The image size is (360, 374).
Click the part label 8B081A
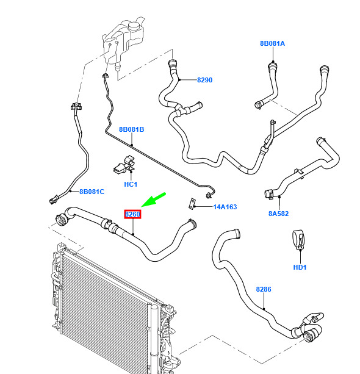click(272, 43)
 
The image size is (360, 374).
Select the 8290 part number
click(204, 80)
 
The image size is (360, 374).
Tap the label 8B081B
click(131, 129)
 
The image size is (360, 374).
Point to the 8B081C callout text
click(92, 192)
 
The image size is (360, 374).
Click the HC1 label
click(131, 184)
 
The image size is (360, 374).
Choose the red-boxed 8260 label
click(132, 214)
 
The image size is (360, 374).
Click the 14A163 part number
click(225, 207)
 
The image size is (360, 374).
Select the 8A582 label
click(278, 214)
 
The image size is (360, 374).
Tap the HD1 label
click(300, 267)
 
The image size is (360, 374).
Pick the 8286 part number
click(264, 289)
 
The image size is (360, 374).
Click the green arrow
click(154, 200)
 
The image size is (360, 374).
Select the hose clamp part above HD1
click(298, 239)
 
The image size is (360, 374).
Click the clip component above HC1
click(124, 164)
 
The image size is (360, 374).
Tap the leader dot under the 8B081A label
click(273, 61)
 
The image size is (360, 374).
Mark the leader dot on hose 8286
click(264, 309)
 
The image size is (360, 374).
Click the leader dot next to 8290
click(179, 80)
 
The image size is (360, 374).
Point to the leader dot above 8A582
click(279, 197)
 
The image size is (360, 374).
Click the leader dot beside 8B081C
click(70, 191)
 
